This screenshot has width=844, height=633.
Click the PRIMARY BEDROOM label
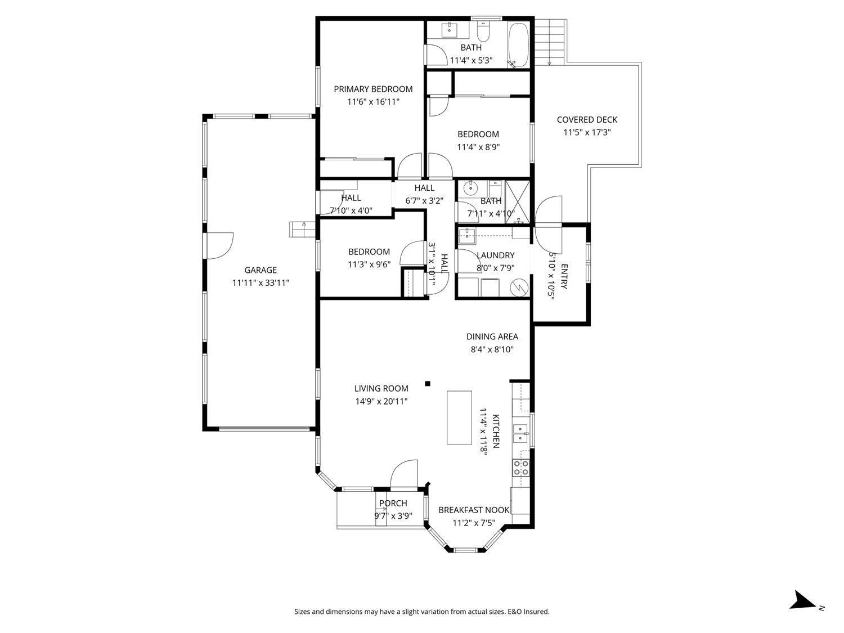(x=372, y=89)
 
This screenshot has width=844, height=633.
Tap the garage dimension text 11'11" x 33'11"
(x=261, y=283)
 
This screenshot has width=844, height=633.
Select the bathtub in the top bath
(x=518, y=44)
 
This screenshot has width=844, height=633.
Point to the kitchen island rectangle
(x=459, y=417)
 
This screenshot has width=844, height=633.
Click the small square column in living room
(x=428, y=384)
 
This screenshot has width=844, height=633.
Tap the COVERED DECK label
(x=587, y=119)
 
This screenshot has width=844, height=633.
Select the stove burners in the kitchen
(x=520, y=468)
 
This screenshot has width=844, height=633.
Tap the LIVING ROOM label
(x=381, y=388)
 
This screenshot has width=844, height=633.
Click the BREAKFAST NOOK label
(x=474, y=510)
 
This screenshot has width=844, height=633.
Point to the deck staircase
(x=549, y=42)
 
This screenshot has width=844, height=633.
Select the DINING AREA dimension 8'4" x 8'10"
(x=492, y=349)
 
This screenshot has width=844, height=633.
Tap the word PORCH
(x=393, y=503)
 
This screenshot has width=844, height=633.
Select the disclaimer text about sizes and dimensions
(x=421, y=612)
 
